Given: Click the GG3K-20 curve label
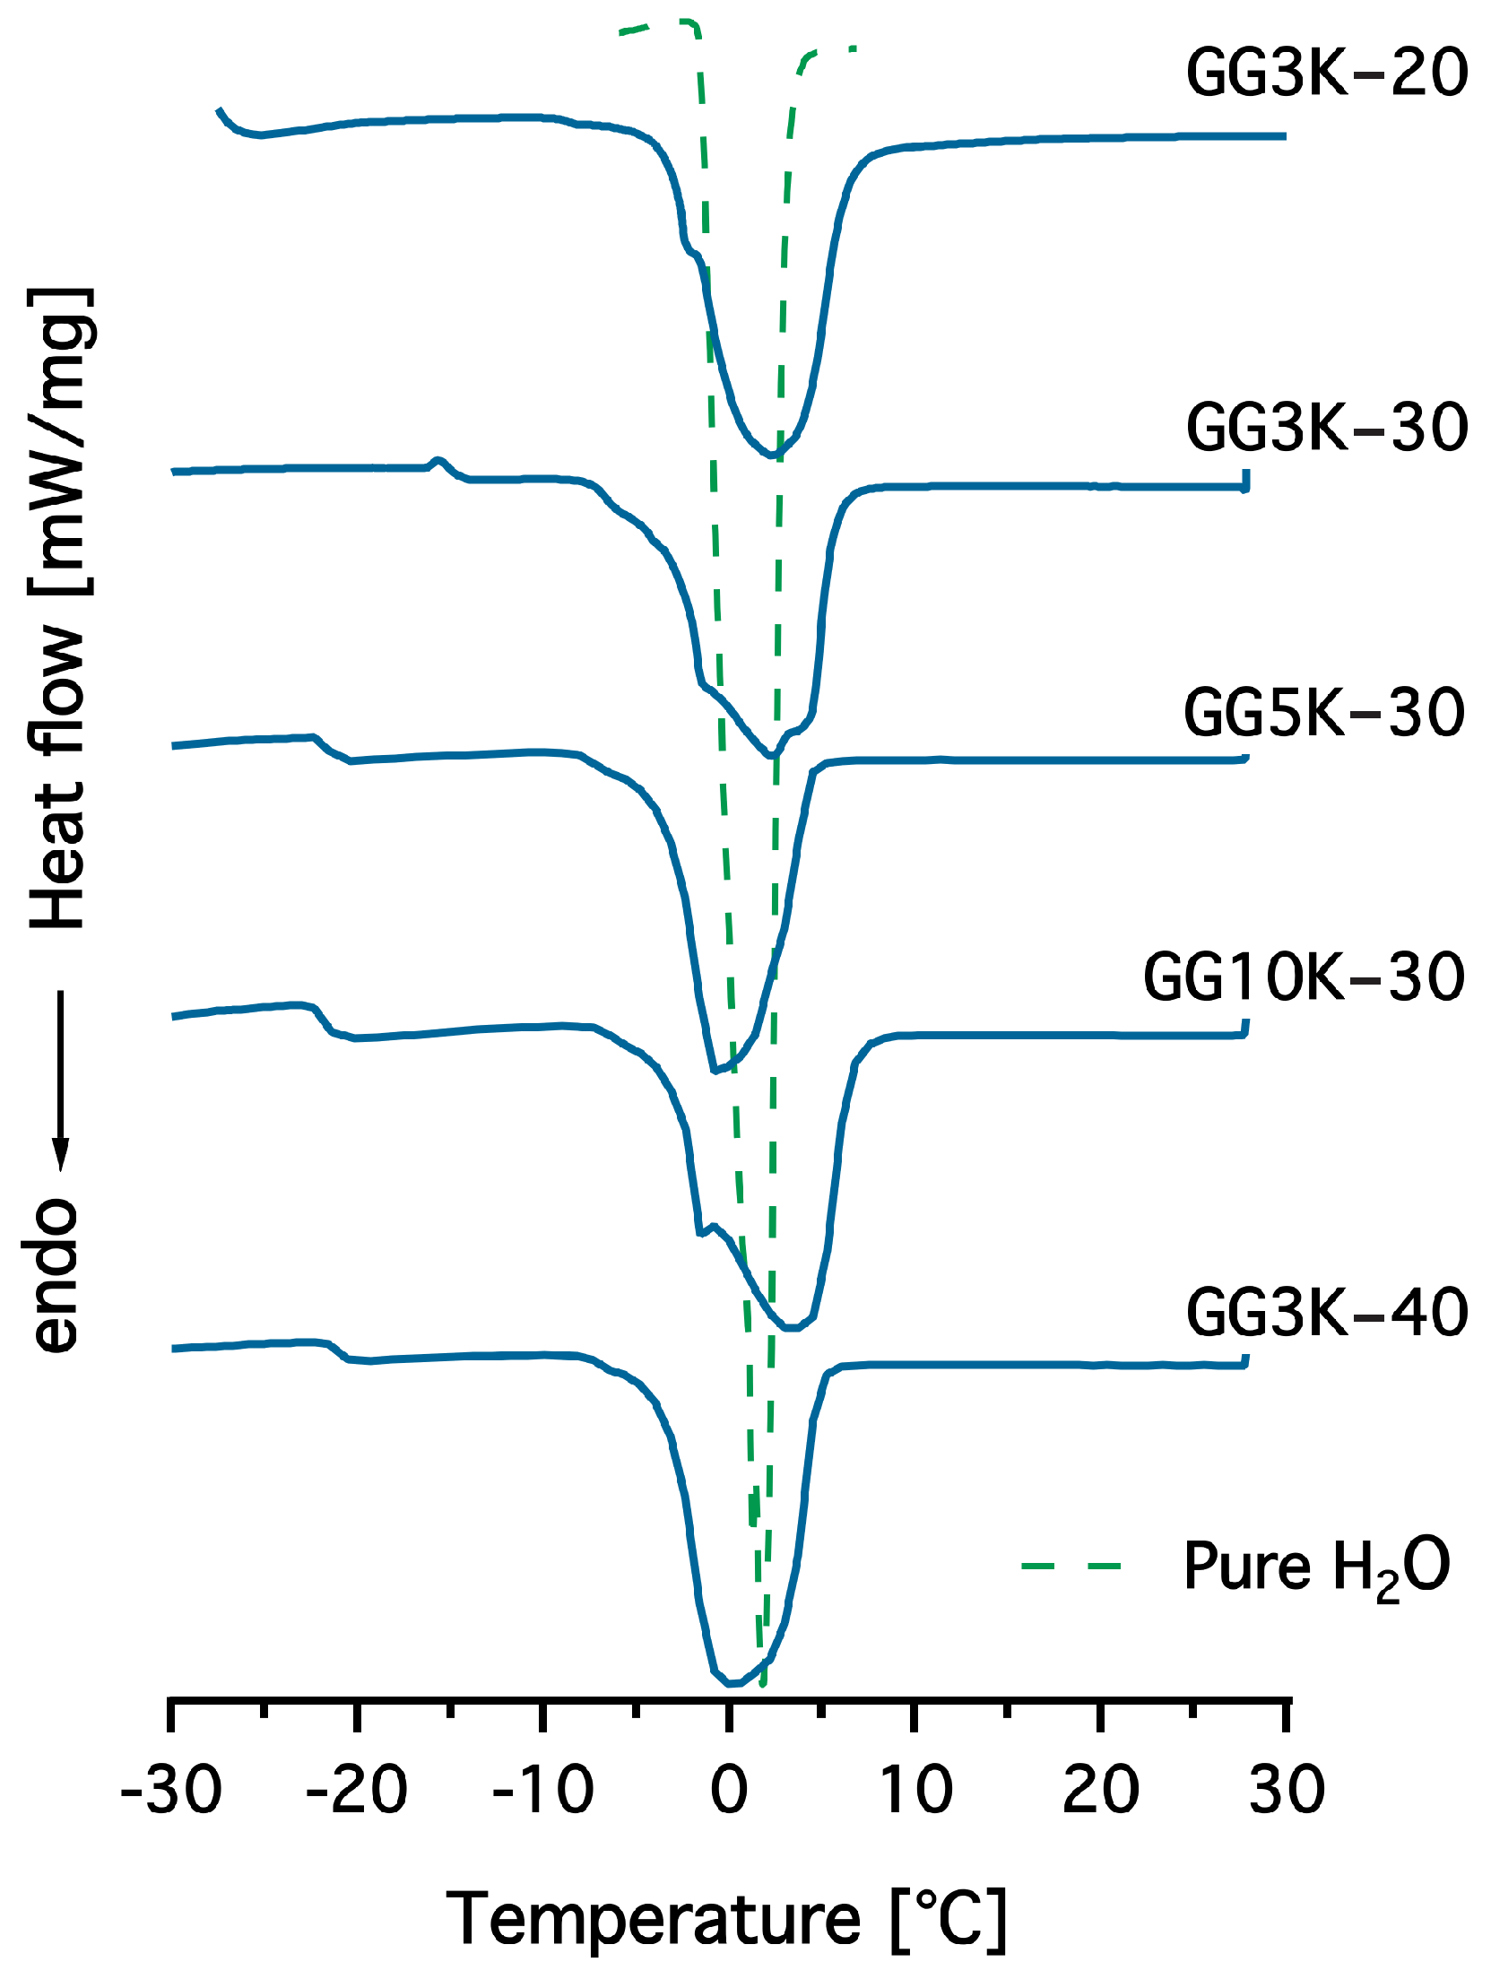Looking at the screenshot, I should pyautogui.click(x=1327, y=73).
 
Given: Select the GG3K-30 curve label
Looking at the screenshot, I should pyautogui.click(x=1327, y=427).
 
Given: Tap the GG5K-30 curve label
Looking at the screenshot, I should pyautogui.click(x=1324, y=713).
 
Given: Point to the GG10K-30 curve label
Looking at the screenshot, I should pyautogui.click(x=1303, y=977).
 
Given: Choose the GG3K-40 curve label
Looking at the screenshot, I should pyautogui.click(x=1327, y=1312).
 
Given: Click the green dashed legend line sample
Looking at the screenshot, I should pyautogui.click(x=1071, y=1567).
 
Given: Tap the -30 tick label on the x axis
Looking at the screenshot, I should pyautogui.click(x=170, y=1790).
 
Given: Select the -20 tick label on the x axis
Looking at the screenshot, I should pyautogui.click(x=357, y=1790).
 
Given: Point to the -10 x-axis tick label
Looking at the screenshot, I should pyautogui.click(x=542, y=1790).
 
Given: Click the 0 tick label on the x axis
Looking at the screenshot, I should pyautogui.click(x=729, y=1790).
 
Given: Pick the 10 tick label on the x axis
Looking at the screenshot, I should pyautogui.click(x=915, y=1790).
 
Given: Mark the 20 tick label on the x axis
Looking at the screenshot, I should pyautogui.click(x=1101, y=1790).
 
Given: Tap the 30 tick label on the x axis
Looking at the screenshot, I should pyautogui.click(x=1287, y=1790).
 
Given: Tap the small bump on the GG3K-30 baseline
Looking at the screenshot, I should pyautogui.click(x=438, y=462).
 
